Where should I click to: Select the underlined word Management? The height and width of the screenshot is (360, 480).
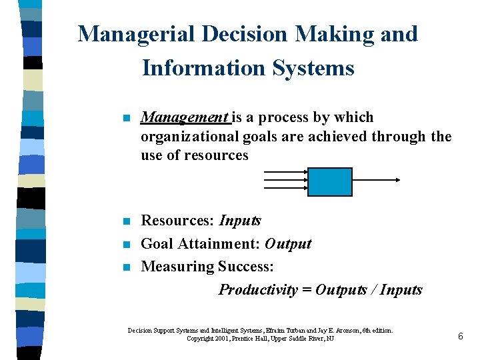pos(185,118)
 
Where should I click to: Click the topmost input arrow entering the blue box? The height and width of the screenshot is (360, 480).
pos(285,172)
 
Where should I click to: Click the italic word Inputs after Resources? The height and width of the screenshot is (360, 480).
pos(240,221)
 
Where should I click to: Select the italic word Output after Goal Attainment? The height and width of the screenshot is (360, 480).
pos(288,243)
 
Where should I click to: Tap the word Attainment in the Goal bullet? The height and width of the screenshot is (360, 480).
pos(218,243)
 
